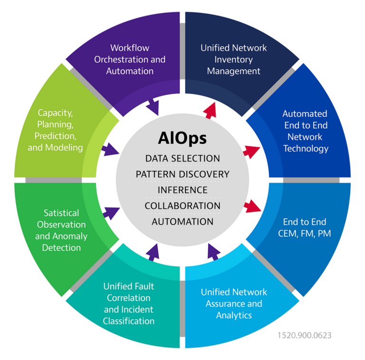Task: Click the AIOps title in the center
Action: [x=182, y=138]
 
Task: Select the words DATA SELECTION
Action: [x=182, y=158]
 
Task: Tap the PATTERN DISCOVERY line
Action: [x=182, y=174]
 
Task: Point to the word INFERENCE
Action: [x=182, y=190]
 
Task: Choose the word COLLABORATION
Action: [x=182, y=206]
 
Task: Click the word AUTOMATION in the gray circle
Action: [x=182, y=222]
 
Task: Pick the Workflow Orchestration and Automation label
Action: [x=130, y=59]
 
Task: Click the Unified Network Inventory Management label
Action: [x=233, y=59]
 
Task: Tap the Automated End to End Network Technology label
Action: [x=306, y=131]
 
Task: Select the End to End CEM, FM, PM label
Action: [x=305, y=227]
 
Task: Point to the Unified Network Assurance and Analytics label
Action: [x=234, y=304]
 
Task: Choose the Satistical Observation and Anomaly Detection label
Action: [x=61, y=230]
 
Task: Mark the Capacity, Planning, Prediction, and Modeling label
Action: [x=55, y=130]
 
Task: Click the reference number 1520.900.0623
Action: [x=305, y=335]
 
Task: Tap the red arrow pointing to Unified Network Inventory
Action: [x=210, y=111]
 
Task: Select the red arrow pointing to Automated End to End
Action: [x=251, y=152]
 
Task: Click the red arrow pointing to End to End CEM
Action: [x=252, y=206]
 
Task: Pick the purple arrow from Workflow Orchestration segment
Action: [x=153, y=107]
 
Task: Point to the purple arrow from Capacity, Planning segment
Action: [x=110, y=150]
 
